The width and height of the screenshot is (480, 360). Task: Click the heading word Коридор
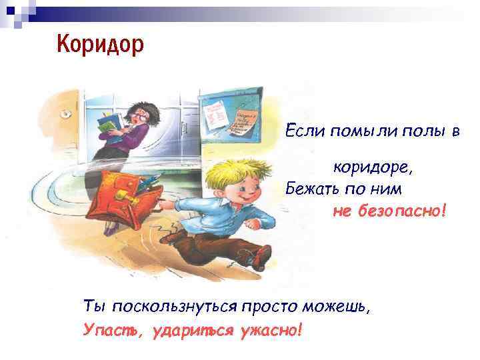[100, 45]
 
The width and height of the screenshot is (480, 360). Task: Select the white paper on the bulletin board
[214, 113]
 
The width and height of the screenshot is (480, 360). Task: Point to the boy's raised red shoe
[262, 257]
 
